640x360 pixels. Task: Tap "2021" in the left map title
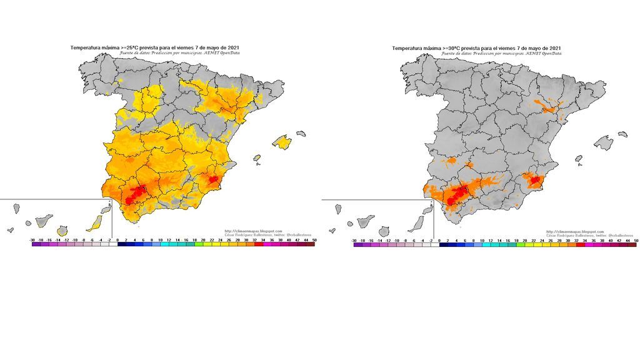pyautogui.click(x=231, y=47)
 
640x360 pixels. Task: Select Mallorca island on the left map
pyautogui.click(x=282, y=142)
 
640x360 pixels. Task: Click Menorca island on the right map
pyautogui.click(x=622, y=133)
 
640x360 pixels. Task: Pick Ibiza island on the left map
pyautogui.click(x=256, y=159)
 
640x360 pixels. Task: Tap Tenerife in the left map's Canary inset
pyautogui.click(x=43, y=220)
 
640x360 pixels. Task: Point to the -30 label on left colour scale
pyautogui.click(x=32, y=239)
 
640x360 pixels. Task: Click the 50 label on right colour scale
pyautogui.click(x=636, y=239)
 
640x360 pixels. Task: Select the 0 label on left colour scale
pyautogui.click(x=117, y=239)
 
